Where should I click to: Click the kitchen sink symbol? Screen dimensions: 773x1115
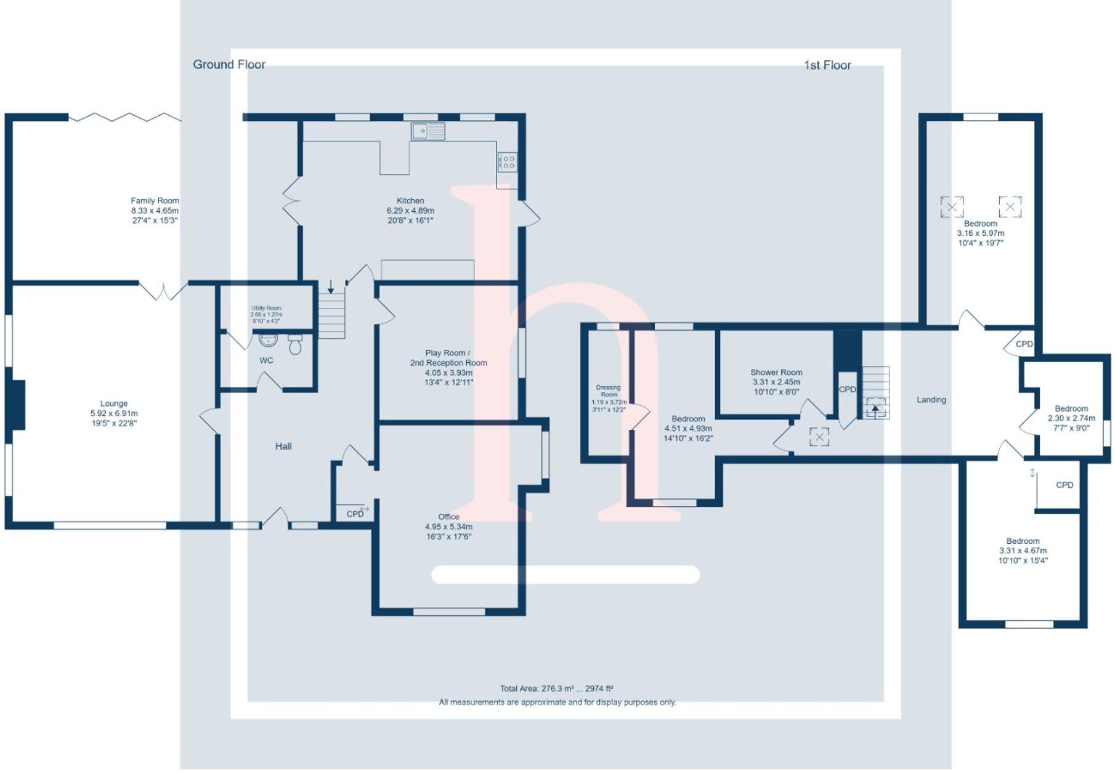[428, 131]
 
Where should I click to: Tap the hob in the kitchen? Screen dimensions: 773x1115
[507, 162]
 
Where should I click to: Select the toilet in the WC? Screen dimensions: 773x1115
[295, 345]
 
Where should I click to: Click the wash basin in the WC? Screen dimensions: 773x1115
[268, 339]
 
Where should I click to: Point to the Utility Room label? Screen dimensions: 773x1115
[266, 308]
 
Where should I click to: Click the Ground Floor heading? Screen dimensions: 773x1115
[229, 65]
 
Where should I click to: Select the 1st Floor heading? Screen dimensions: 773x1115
[827, 65]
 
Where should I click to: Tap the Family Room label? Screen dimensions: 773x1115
[155, 201]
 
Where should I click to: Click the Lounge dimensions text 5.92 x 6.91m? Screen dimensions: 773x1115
[114, 414]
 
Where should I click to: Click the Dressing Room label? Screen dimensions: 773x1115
[609, 391]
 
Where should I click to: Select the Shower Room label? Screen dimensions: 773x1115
[776, 373]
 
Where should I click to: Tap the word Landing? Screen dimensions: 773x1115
[931, 400]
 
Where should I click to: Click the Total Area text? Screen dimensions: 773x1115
[556, 689]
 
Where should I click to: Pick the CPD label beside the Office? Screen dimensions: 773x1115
[355, 514]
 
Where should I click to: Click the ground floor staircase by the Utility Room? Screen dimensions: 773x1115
[331, 314]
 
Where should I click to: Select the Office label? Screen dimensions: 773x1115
[448, 517]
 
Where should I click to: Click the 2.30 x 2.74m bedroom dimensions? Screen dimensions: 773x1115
[1071, 418]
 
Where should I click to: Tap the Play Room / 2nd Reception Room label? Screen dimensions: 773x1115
[448, 358]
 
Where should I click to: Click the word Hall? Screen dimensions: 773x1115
[283, 447]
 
